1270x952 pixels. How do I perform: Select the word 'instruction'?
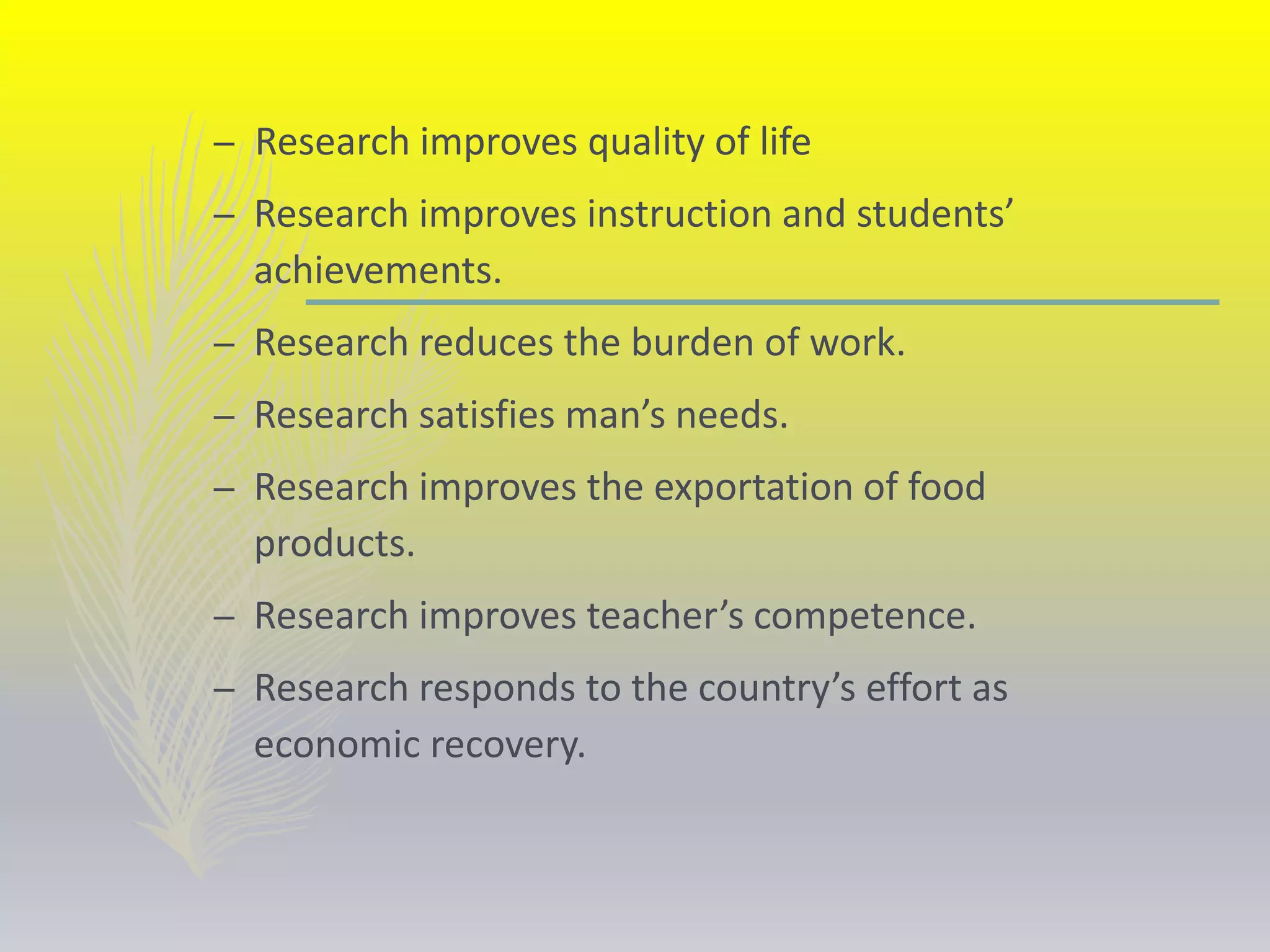679,214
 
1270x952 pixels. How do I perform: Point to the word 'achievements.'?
378,271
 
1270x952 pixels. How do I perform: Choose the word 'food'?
946,487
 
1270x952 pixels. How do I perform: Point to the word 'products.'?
334,544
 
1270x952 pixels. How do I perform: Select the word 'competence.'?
864,616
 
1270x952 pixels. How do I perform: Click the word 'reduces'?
486,342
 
